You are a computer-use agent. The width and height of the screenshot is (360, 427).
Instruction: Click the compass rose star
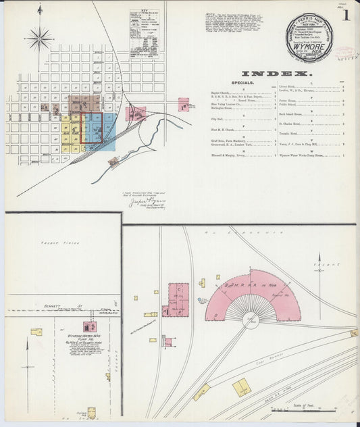pos(40,38)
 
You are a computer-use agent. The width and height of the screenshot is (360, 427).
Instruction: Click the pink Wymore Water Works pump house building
pos(88,327)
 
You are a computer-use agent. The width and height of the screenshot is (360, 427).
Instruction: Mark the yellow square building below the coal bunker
pos(241,386)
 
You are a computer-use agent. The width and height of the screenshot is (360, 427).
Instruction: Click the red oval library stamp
pos(345,52)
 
